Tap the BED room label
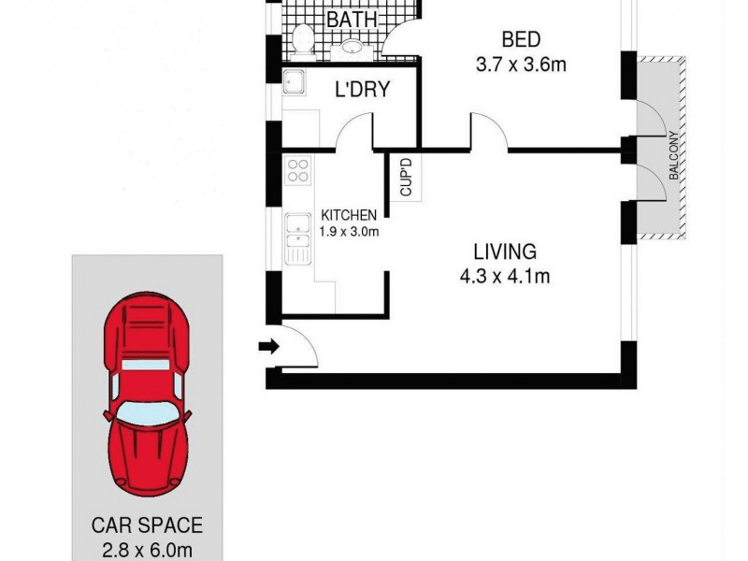(x=521, y=40)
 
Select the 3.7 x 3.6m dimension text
(x=522, y=66)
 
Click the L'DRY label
(x=362, y=91)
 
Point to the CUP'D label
(x=406, y=178)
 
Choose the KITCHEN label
(x=349, y=215)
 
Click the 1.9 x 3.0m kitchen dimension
(x=349, y=232)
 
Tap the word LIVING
(x=504, y=252)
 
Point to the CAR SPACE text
(x=146, y=526)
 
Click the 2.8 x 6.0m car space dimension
(x=147, y=549)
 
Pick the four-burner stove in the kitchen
(x=299, y=170)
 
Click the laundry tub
(x=296, y=83)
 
